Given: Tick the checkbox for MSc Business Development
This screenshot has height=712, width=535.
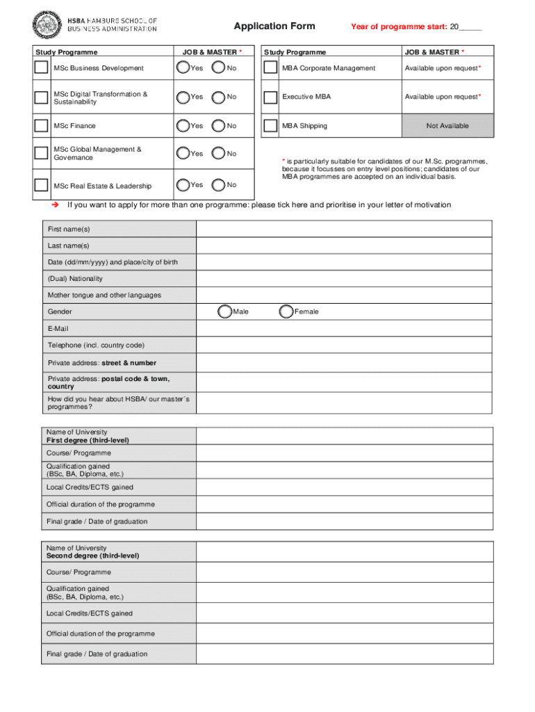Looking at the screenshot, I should click(x=42, y=67).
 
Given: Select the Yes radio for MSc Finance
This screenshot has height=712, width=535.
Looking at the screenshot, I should click(x=183, y=126).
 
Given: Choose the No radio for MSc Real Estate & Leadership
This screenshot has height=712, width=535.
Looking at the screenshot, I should click(x=218, y=185).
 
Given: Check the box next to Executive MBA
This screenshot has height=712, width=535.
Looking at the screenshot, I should click(x=270, y=97).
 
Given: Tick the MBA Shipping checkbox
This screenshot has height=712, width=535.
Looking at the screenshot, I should click(x=270, y=126).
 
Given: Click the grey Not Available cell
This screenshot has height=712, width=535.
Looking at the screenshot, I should click(x=447, y=126).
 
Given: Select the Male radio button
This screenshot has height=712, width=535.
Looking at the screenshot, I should click(x=224, y=311).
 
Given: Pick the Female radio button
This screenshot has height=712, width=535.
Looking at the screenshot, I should click(x=286, y=311).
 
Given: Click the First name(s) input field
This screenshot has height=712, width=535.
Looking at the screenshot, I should click(x=344, y=229).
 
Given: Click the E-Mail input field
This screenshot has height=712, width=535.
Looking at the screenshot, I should click(x=344, y=328).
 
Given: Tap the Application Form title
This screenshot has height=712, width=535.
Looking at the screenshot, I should click(x=274, y=26).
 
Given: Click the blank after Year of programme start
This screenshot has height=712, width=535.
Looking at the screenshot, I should click(x=470, y=27).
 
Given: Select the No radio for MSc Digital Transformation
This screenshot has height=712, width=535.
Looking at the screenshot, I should click(x=218, y=97).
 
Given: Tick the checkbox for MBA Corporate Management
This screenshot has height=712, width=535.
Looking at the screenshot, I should click(x=270, y=67).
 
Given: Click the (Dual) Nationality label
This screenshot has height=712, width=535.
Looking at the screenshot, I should click(x=75, y=279).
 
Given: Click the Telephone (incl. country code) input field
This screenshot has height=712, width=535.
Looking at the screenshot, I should click(x=344, y=345).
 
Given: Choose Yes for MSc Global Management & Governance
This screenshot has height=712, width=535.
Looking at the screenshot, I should click(x=183, y=154).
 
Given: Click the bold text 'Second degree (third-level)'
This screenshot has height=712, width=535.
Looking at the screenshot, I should click(x=92, y=556).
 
